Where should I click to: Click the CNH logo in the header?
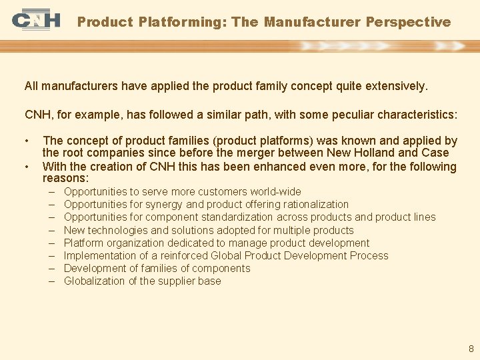pos(35,21)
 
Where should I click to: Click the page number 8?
pos(471,349)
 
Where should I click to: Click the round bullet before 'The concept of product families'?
pos(27,141)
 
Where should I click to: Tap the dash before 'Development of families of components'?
pos(52,268)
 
